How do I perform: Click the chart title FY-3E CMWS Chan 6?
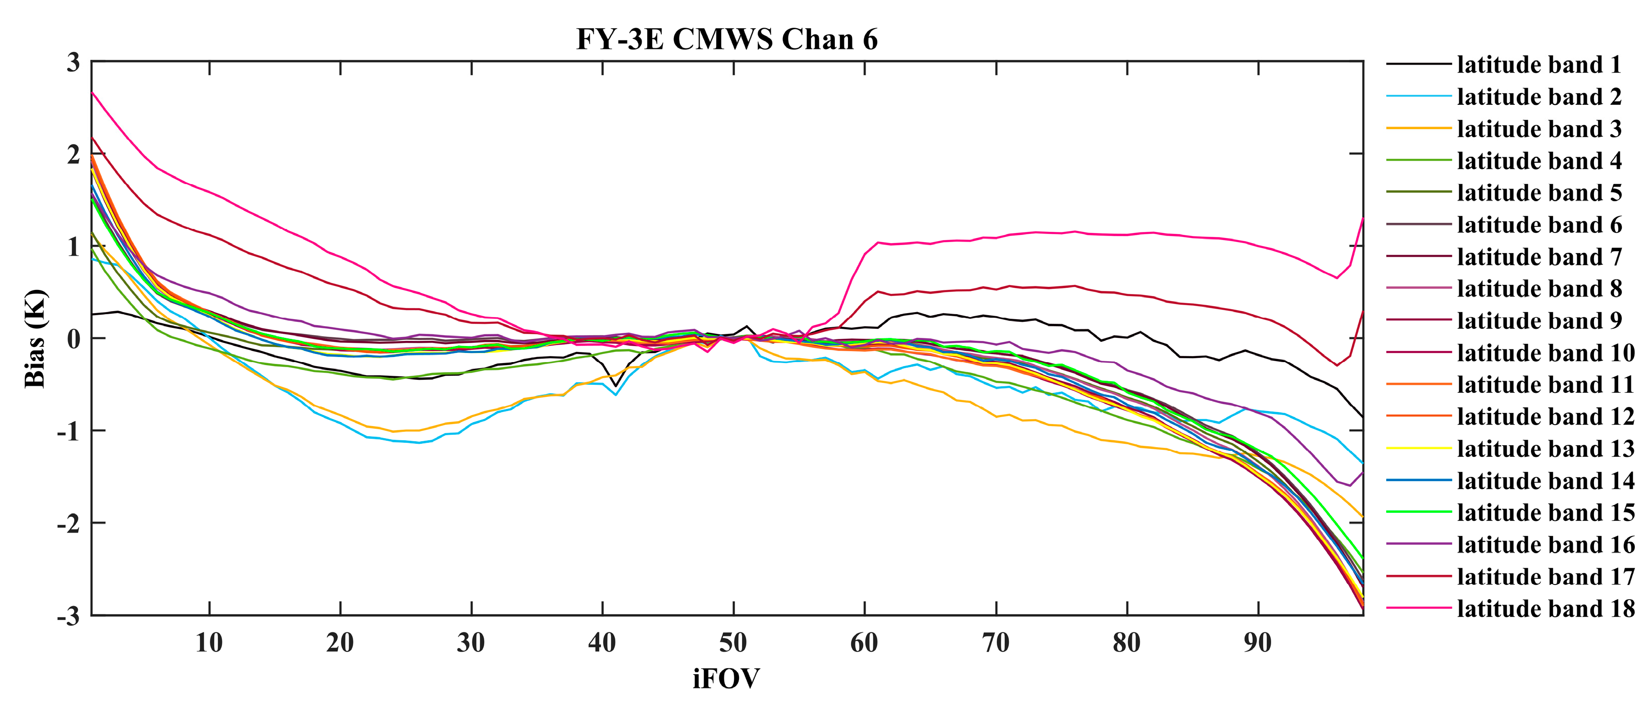coord(726,40)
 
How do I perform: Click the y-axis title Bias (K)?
coord(35,338)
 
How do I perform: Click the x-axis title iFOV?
coord(726,678)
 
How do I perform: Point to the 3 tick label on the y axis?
coord(74,63)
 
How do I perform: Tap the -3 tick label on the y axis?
coord(69,616)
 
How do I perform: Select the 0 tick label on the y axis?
coord(74,339)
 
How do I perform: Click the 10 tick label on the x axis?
coord(209,642)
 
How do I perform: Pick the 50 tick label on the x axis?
coord(733,642)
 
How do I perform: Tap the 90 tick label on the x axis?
coord(1258,642)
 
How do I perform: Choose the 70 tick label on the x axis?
coord(995,642)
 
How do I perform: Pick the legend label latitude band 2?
coord(1539,97)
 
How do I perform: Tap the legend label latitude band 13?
coord(1545,448)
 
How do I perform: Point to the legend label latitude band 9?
coord(1539,320)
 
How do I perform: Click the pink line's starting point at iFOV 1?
coord(92,92)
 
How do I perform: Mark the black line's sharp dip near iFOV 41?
coord(615,386)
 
